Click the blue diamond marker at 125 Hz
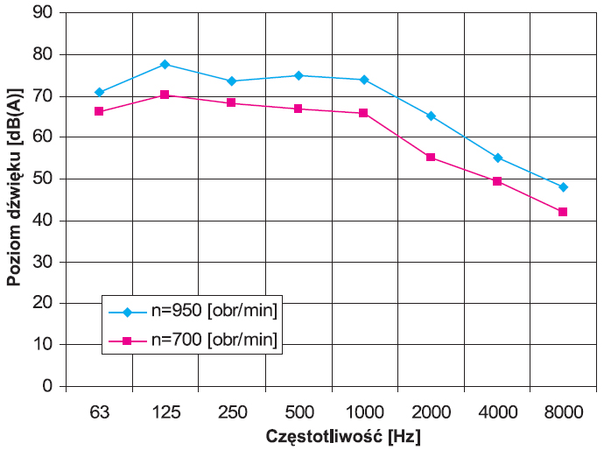(x=165, y=64)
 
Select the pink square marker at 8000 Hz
(x=563, y=212)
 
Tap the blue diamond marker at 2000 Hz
(x=431, y=116)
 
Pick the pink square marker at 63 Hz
(x=99, y=111)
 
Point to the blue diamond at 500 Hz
(x=298, y=75)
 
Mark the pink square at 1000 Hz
(x=363, y=113)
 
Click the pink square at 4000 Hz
(x=497, y=181)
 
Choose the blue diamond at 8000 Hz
(x=563, y=187)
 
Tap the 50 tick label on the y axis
(x=42, y=179)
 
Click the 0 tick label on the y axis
(x=47, y=385)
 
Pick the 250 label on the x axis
(x=232, y=412)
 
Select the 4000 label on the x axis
(x=498, y=412)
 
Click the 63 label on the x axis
(x=100, y=412)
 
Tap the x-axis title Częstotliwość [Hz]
(x=343, y=437)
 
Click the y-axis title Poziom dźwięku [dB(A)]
(x=14, y=187)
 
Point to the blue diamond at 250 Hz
(x=231, y=81)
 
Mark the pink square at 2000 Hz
(x=431, y=157)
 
